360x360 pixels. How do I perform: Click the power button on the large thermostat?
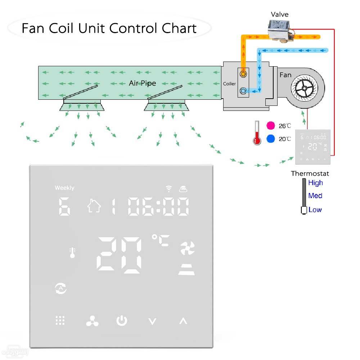tap(122, 320)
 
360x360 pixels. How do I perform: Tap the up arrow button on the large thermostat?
tap(183, 321)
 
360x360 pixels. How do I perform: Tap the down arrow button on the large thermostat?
tap(153, 321)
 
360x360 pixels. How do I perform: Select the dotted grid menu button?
tap(60, 320)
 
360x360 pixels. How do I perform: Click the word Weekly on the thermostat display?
tap(64, 188)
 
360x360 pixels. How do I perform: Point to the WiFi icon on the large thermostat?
tap(168, 188)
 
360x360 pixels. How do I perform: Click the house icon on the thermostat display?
tap(94, 206)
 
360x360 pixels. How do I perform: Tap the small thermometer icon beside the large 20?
tap(73, 252)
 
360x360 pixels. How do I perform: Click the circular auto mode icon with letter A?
tap(60, 288)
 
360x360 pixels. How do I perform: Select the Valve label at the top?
tap(280, 14)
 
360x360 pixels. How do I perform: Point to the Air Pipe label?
tap(143, 83)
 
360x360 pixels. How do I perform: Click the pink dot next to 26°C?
tap(271, 126)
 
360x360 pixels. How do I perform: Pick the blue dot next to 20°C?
tap(271, 139)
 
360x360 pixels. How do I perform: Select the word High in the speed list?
tap(315, 183)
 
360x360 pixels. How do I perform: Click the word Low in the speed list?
tap(315, 210)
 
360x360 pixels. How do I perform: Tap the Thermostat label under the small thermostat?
tap(310, 174)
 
